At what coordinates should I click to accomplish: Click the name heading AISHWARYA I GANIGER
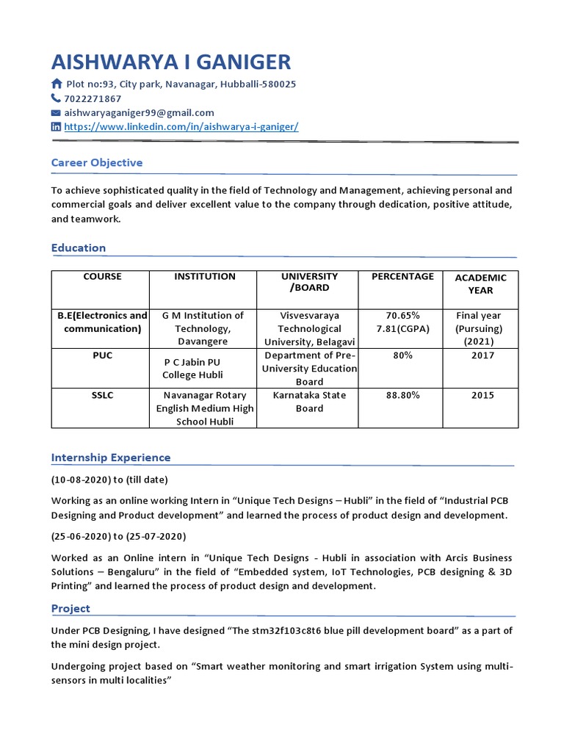click(x=171, y=62)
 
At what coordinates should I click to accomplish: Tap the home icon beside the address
click(x=57, y=84)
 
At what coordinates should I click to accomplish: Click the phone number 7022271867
click(x=93, y=98)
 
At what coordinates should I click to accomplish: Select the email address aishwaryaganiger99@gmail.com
click(x=139, y=112)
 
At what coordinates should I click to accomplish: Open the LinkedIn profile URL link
click(x=181, y=126)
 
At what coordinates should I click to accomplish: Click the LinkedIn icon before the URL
click(x=56, y=127)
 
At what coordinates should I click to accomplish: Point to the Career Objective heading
click(x=96, y=162)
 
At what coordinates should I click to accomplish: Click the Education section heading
click(x=78, y=247)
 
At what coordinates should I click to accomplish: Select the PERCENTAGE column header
click(x=402, y=277)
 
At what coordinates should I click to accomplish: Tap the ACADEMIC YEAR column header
click(x=480, y=283)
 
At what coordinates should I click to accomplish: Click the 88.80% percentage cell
click(x=402, y=395)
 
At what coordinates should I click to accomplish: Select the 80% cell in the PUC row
click(x=402, y=355)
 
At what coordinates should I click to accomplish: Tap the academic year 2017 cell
click(x=482, y=355)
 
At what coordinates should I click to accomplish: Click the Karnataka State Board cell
click(x=309, y=402)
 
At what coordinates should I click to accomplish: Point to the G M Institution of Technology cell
click(x=203, y=328)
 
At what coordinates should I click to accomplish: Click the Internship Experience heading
click(x=110, y=458)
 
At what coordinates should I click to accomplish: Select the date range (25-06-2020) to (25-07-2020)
click(x=118, y=536)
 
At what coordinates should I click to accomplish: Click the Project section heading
click(x=70, y=608)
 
